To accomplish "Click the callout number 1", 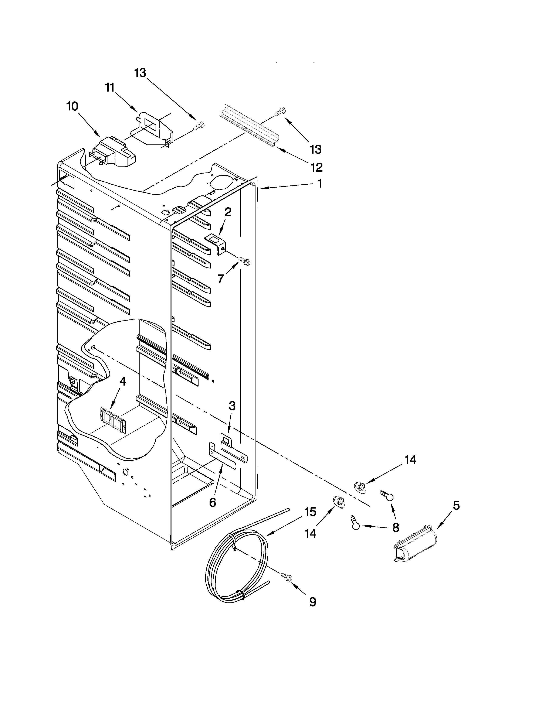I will pos(319,184).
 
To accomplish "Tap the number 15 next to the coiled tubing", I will pos(310,512).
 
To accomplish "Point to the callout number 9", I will pos(312,602).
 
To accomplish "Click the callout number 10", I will pos(72,106).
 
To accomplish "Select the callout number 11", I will pos(110,87).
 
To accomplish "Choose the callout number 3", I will pos(232,406).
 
